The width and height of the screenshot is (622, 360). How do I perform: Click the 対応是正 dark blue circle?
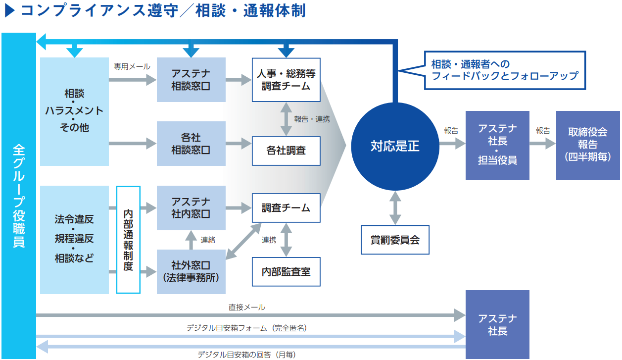click(x=395, y=146)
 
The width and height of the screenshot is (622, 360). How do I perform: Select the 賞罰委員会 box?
click(x=395, y=240)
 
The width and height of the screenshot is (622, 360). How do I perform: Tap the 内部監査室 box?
click(x=286, y=271)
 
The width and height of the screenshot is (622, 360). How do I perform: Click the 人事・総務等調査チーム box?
click(x=286, y=80)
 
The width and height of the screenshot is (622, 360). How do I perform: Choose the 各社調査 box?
click(x=286, y=150)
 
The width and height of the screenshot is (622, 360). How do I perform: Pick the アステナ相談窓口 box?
click(x=191, y=80)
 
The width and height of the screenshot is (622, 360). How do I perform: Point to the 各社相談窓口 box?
click(x=191, y=144)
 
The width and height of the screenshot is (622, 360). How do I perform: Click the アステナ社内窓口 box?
click(x=191, y=208)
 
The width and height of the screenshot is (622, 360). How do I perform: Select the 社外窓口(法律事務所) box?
click(x=191, y=271)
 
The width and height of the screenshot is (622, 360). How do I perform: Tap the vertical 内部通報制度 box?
click(x=129, y=240)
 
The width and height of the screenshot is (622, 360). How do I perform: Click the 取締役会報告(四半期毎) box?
click(x=587, y=145)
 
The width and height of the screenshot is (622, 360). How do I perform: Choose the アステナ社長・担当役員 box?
click(x=497, y=145)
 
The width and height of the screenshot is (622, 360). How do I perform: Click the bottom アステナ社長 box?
click(x=497, y=324)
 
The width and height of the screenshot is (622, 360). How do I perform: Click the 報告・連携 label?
click(x=312, y=119)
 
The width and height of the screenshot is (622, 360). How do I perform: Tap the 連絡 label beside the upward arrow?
click(x=208, y=240)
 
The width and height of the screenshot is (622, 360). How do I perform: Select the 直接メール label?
click(x=247, y=307)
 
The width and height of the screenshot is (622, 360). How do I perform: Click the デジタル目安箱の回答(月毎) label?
click(x=247, y=355)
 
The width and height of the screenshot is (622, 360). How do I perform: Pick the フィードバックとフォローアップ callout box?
click(x=505, y=70)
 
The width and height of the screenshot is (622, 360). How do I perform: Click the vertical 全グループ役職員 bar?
click(x=18, y=196)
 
